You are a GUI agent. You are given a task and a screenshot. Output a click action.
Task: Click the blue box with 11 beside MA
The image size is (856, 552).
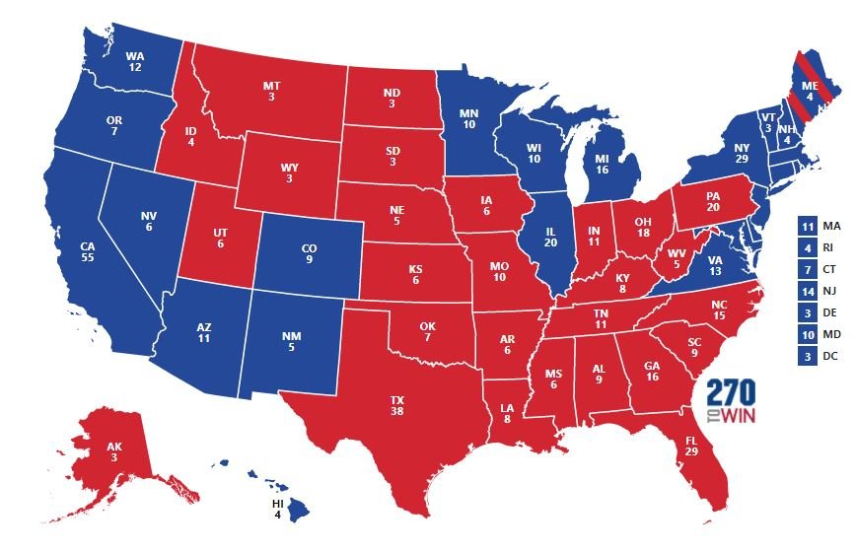[x=807, y=226]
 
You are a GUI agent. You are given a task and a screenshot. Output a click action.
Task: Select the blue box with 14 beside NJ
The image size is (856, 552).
[x=807, y=291]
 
